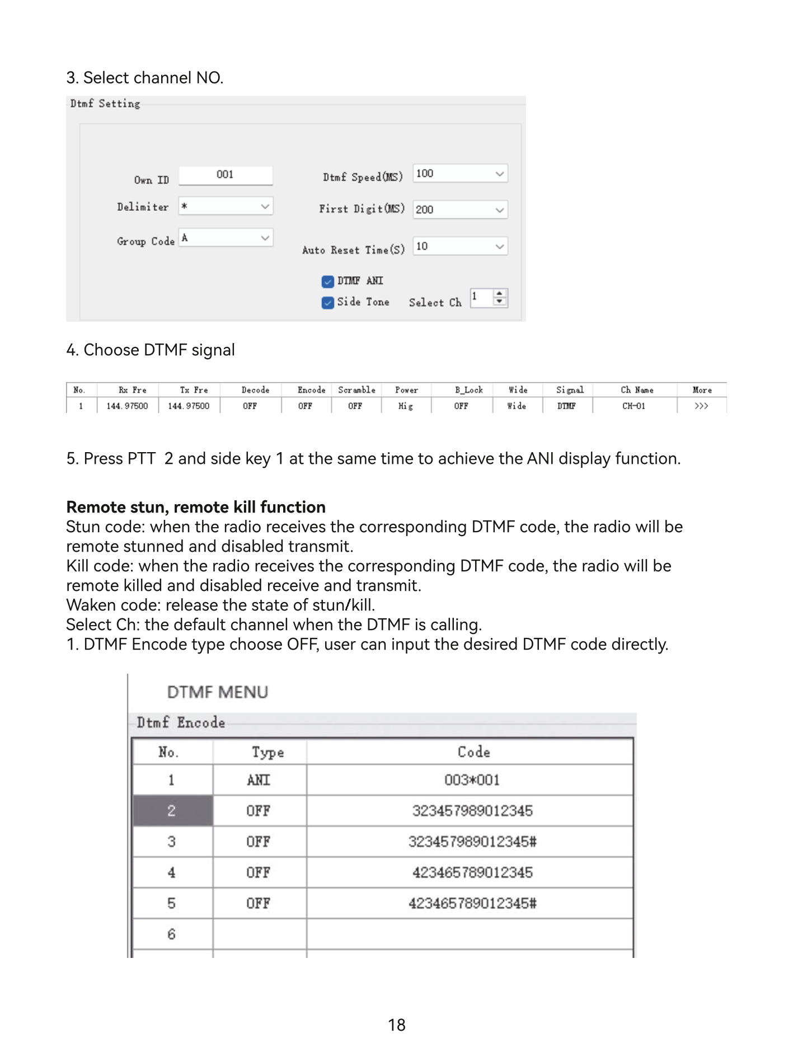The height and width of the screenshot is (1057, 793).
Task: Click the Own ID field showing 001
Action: [x=226, y=175]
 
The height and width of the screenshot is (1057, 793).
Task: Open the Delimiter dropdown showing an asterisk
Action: [x=226, y=206]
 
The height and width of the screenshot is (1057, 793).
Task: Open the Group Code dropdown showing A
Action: [x=226, y=238]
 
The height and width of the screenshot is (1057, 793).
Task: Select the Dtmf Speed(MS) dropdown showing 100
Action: [x=460, y=174]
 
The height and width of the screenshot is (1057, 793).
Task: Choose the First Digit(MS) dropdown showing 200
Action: [x=460, y=210]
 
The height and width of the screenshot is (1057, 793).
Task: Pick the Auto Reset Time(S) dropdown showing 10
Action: [x=460, y=246]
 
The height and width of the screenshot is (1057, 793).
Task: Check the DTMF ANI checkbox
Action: [x=328, y=281]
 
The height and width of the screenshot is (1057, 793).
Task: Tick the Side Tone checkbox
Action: [x=328, y=303]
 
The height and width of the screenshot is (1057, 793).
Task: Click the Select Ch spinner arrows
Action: [x=500, y=297]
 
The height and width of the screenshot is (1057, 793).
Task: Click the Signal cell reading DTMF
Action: [x=566, y=406]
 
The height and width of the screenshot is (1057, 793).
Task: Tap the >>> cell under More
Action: [x=701, y=406]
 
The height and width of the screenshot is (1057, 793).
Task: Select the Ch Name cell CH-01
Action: [x=634, y=406]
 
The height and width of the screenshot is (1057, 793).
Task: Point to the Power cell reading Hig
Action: [x=406, y=406]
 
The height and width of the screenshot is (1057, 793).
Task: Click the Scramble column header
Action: [x=356, y=390]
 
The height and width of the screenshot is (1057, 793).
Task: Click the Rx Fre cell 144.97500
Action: [x=128, y=406]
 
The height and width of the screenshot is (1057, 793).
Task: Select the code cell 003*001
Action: [x=472, y=780]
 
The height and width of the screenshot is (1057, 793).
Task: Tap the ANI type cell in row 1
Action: [x=259, y=780]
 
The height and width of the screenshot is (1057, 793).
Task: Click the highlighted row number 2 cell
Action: [x=172, y=811]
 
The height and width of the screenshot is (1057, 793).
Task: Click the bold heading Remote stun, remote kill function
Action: [x=196, y=507]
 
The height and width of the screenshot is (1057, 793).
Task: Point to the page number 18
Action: [x=396, y=1025]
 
